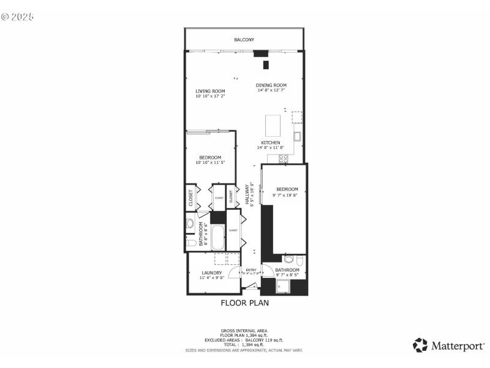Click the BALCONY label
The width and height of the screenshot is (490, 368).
(x=244, y=40)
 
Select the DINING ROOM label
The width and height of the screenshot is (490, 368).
(x=271, y=85)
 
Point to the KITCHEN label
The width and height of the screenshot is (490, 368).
(x=270, y=142)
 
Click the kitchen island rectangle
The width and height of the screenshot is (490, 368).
(x=272, y=125)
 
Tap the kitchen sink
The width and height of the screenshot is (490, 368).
(x=296, y=136)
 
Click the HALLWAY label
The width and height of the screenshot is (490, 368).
(x=248, y=195)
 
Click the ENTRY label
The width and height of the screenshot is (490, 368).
(x=251, y=270)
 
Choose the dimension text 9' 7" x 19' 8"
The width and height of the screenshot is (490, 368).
(x=286, y=195)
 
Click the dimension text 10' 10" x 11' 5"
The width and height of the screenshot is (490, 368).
(x=211, y=163)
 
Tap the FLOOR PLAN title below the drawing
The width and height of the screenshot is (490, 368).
(x=244, y=302)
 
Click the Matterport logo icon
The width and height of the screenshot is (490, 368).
(x=420, y=345)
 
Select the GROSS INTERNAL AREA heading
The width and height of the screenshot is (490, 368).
(x=244, y=331)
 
